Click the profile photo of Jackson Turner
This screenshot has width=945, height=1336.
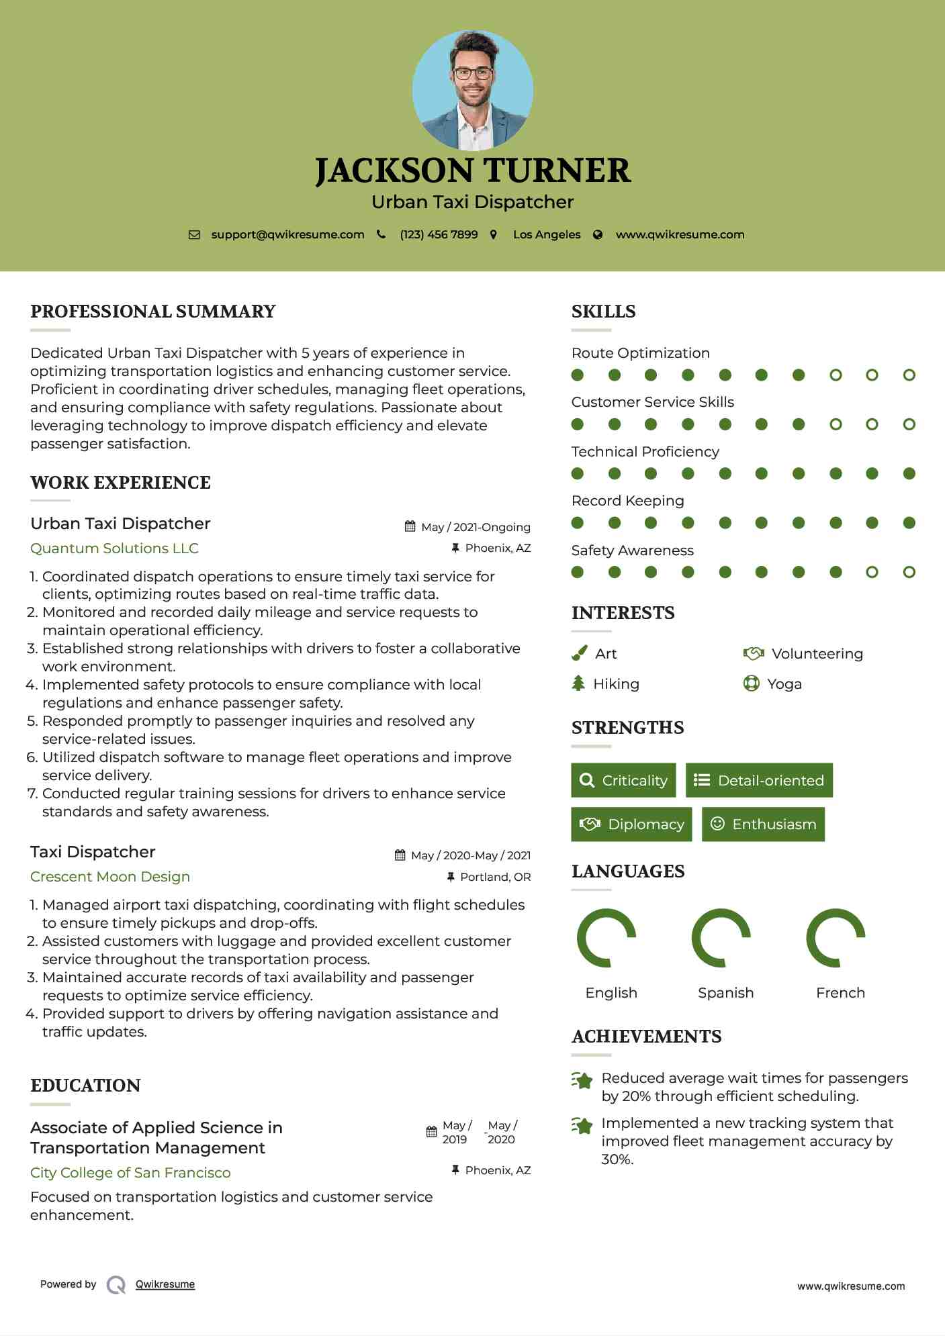coord(472,90)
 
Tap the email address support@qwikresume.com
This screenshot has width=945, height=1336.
coord(287,235)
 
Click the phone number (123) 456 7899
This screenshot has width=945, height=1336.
coord(439,235)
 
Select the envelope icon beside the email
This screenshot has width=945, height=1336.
coord(194,235)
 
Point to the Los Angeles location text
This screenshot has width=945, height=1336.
coord(547,235)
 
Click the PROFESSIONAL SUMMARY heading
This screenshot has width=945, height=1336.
coord(153,312)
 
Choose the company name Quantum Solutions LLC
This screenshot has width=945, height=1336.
coord(114,548)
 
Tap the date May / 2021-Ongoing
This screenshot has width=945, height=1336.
coord(476,527)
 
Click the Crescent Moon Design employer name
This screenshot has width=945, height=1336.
coord(110,877)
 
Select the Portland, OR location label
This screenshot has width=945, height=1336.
coord(495,877)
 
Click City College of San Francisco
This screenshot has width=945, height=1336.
coord(130,1173)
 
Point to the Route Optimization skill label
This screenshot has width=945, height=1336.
coord(640,353)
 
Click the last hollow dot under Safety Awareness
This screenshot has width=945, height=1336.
coord(909,572)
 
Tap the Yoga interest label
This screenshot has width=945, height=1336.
coord(784,684)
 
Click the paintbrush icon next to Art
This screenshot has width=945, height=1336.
coord(579,654)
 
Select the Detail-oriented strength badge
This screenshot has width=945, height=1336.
coord(759,780)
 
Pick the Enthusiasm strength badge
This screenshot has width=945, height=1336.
coord(763,824)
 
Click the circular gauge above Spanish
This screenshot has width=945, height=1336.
coord(721,938)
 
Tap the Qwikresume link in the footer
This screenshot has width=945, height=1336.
coord(165,1284)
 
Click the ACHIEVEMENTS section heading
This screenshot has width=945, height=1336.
coord(646,1037)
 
